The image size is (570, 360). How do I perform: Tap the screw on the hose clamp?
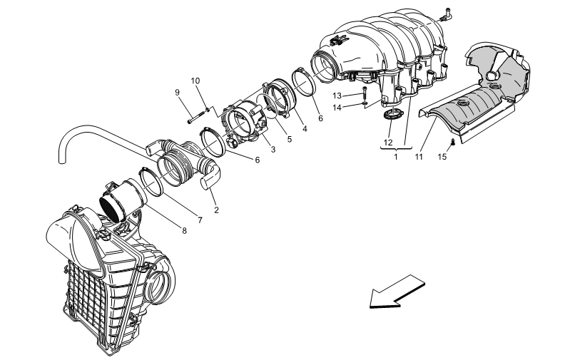pyautogui.click(x=258, y=112)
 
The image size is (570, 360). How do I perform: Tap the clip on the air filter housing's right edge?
pyautogui.click(x=143, y=269)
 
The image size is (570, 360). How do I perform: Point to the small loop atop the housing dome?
pyautogui.click(x=75, y=208)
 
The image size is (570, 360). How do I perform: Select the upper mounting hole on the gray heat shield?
pyautogui.click(x=493, y=86)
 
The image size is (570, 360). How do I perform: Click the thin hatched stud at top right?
pyautogui.click(x=427, y=24)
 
